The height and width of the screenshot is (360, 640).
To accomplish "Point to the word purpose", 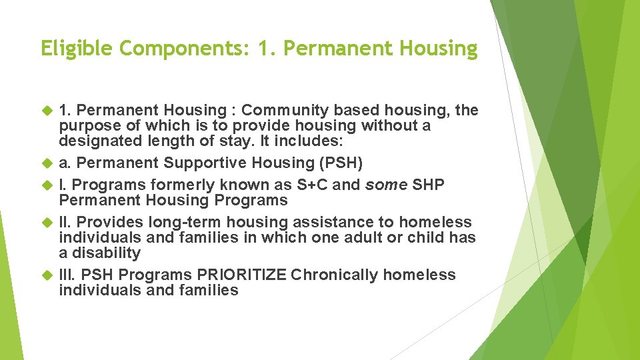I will pos(86,126).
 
